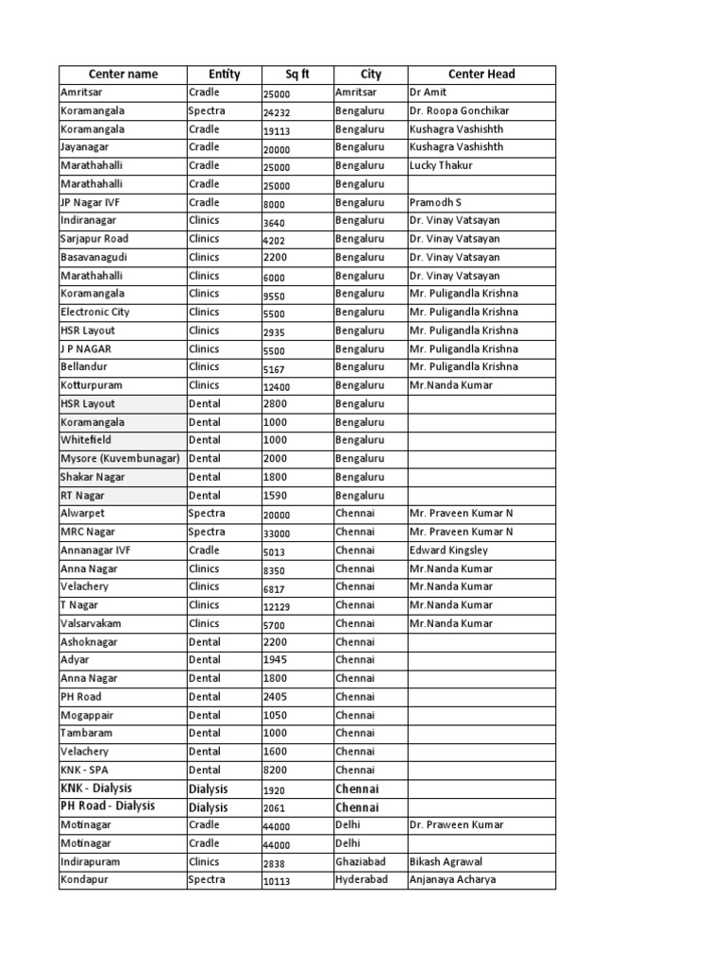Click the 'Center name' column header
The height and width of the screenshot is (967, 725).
[123, 75]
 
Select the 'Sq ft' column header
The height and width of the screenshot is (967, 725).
[297, 75]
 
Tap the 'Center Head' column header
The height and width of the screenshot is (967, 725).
[481, 75]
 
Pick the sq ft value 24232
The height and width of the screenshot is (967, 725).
[278, 111]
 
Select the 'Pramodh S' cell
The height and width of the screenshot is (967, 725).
[435, 202]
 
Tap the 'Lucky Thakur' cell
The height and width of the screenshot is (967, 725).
[441, 165]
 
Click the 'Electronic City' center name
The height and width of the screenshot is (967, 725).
[95, 312]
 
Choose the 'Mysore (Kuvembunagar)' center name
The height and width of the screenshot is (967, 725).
[120, 458]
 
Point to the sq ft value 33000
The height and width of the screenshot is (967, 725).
[278, 533]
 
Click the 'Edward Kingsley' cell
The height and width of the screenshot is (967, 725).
[448, 550]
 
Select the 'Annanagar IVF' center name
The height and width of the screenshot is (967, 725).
[93, 550]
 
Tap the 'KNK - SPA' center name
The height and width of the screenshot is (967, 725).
[85, 770]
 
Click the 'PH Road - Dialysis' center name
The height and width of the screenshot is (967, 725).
[108, 806]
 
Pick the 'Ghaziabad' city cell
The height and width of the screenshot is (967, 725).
[360, 861]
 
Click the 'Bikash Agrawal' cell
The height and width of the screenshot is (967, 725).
[447, 861]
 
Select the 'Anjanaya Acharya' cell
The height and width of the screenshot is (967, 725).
[452, 879]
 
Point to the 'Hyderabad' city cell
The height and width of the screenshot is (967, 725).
[361, 879]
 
